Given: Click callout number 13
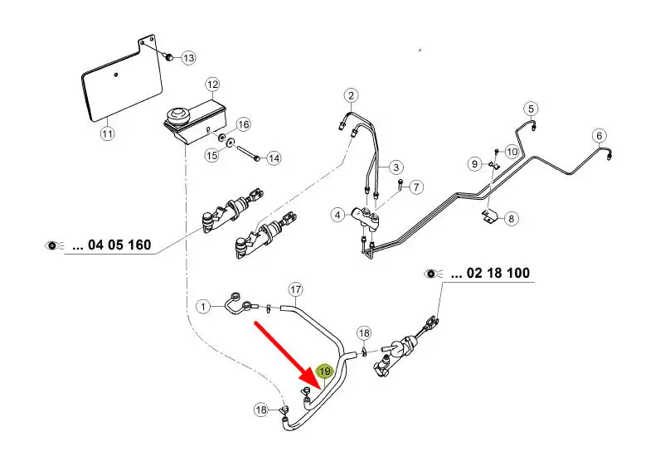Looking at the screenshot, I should (x=189, y=57).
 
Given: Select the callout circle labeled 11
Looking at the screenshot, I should (x=106, y=132).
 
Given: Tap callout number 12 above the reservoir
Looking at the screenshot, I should (x=212, y=84).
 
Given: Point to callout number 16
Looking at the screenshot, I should (x=243, y=124).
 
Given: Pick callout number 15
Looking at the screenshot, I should (x=212, y=154).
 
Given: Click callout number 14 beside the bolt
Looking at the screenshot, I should (x=274, y=158).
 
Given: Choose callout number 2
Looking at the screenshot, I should (x=352, y=95).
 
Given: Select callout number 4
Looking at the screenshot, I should (x=337, y=216).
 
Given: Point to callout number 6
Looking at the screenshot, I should (x=599, y=136).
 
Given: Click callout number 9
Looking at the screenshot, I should (x=475, y=164).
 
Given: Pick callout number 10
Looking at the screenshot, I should (x=511, y=152).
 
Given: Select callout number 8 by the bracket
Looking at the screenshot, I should (x=511, y=219).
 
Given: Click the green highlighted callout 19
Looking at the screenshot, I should (x=325, y=372).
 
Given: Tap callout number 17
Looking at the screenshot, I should (x=296, y=289).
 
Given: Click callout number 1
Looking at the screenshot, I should (x=204, y=308).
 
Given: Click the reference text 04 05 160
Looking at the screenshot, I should (x=111, y=245).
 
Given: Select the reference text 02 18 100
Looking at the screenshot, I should (x=489, y=273).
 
